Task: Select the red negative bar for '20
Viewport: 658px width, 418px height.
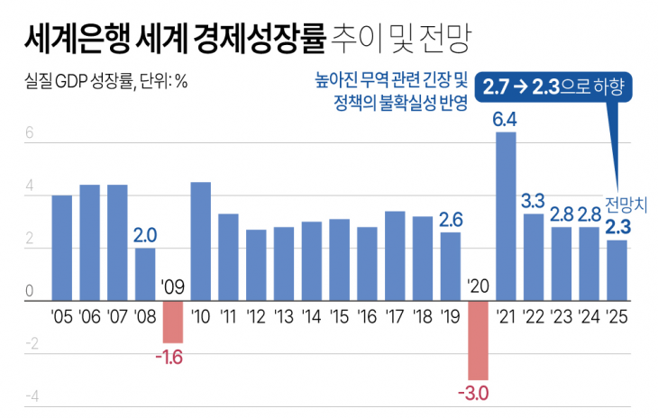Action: [478, 340]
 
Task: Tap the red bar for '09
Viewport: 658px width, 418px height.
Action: [173, 321]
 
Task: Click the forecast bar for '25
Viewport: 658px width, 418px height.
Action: [617, 269]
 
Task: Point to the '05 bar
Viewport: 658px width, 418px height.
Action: [62, 248]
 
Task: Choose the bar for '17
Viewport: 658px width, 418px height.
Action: [395, 255]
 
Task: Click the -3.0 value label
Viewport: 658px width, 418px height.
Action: [473, 393]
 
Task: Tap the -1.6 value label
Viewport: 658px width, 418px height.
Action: [169, 358]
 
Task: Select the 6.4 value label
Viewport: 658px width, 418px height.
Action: [505, 119]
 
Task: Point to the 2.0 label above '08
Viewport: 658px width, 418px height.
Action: [145, 235]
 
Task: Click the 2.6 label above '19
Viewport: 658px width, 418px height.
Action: [451, 219]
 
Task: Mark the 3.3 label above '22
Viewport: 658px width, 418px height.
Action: [534, 200]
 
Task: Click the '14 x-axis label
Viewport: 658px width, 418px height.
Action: [311, 316]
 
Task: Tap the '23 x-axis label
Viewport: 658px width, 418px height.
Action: [562, 316]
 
